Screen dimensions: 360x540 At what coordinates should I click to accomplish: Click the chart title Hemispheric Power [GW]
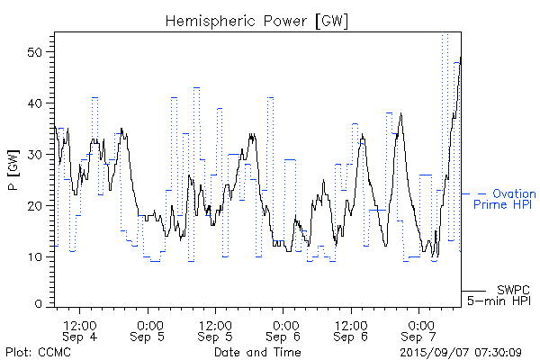[257, 20]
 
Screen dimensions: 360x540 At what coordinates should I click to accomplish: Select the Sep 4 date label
[81, 337]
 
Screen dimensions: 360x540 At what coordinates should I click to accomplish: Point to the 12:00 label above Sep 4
[81, 324]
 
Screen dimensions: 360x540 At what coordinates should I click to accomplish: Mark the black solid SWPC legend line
[474, 291]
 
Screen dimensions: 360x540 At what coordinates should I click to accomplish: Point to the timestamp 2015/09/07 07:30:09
[460, 351]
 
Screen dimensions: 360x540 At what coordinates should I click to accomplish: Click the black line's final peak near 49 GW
[460, 58]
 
